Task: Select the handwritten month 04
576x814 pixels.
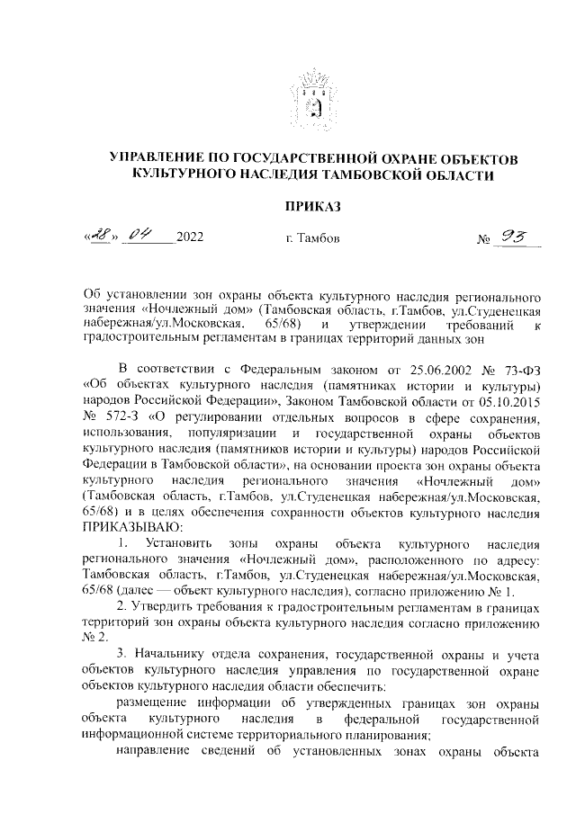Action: [142, 237]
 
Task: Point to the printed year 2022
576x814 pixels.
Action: [189, 238]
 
